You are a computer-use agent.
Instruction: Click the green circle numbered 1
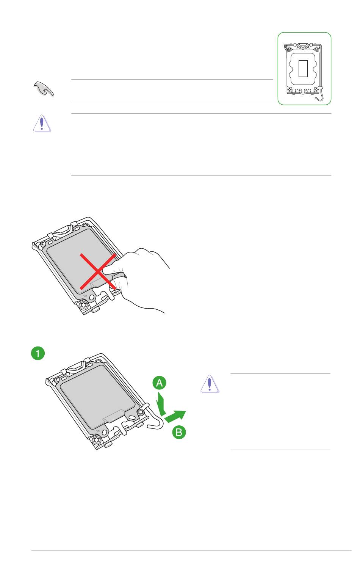point(38,353)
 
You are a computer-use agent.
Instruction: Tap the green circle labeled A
point(159,383)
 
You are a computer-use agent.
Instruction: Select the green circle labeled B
point(179,432)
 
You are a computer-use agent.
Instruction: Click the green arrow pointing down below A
point(161,404)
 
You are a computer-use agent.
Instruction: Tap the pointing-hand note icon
point(44,89)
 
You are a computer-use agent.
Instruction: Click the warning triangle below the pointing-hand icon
point(42,123)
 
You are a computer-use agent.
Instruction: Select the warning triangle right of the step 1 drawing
point(210,384)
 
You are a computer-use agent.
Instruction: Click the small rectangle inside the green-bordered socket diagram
point(303,68)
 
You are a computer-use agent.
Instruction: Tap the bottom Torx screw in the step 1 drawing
point(96,440)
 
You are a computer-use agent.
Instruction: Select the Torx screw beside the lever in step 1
point(141,412)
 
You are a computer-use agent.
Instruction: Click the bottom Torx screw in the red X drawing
point(82,305)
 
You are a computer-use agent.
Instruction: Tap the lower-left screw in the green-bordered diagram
point(290,89)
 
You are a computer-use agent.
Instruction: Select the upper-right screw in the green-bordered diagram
point(317,48)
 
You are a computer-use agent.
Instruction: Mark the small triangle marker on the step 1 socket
point(99,431)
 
